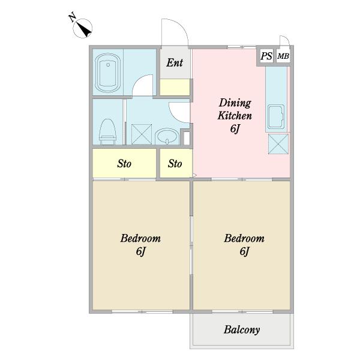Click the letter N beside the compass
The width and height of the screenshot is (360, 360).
coord(73,17)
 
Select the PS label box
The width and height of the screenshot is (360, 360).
coord(266,56)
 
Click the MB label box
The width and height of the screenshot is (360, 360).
coord(283,56)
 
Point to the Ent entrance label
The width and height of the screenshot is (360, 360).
coord(175,62)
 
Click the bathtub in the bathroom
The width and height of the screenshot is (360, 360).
coord(107,73)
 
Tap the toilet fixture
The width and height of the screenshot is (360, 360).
coord(107,132)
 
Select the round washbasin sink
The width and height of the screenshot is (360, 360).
coord(167,137)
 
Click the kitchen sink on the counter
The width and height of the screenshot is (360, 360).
coord(276,116)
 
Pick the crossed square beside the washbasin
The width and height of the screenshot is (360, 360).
coord(142,134)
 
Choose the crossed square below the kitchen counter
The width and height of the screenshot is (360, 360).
coord(278,144)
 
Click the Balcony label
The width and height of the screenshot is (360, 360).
coord(242,329)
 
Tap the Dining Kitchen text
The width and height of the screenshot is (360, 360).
coord(235,109)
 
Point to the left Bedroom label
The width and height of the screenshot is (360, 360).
coord(140,238)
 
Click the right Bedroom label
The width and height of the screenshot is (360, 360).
coord(244,238)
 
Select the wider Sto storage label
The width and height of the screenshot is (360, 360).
coord(124,164)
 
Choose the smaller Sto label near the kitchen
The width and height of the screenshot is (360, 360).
coord(175,164)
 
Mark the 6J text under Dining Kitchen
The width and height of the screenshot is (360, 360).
coord(235,128)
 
